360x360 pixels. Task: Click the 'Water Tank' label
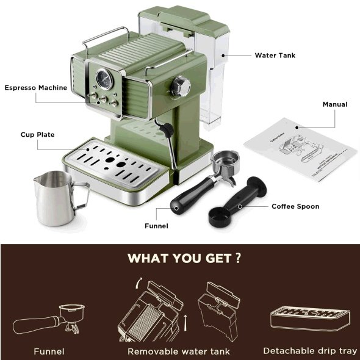click(x=275, y=55)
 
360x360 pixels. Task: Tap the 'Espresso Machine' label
click(x=36, y=88)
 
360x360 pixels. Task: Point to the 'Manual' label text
click(x=335, y=104)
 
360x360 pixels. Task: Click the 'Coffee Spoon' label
click(x=295, y=206)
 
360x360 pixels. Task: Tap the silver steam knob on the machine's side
click(x=180, y=85)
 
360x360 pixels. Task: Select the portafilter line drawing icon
click(x=52, y=319)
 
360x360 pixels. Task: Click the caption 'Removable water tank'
click(x=178, y=351)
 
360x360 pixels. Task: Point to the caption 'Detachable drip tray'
click(x=310, y=351)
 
